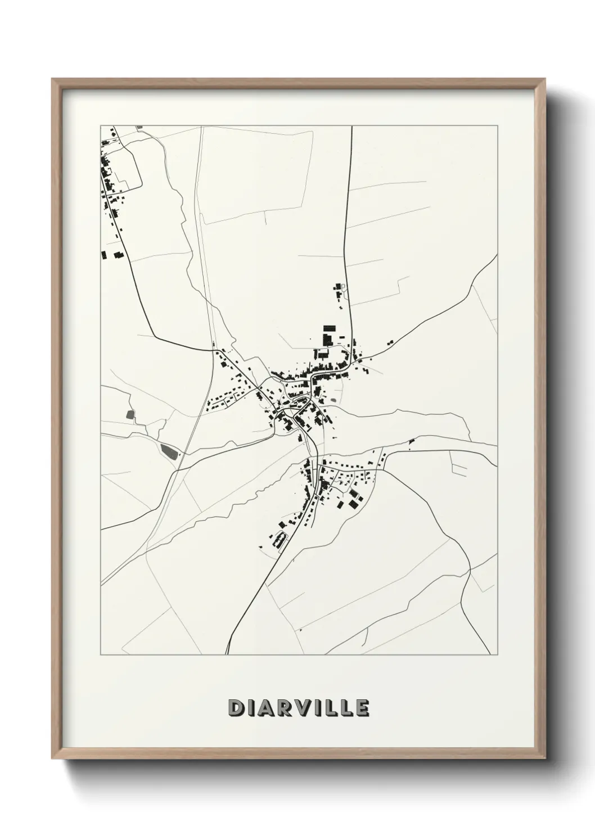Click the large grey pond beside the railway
pyautogui.click(x=168, y=450)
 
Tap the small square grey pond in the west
pyautogui.click(x=131, y=415)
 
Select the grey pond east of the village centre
pyautogui.click(x=335, y=400)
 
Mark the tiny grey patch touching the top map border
pyautogui.click(x=139, y=128)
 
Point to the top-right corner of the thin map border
pyautogui.click(x=497, y=126)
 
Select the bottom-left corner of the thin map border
pyautogui.click(x=101, y=654)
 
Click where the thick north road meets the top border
pyautogui.click(x=351, y=126)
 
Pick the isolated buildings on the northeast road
pyautogui.click(x=389, y=342)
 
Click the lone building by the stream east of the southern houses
pyautogui.click(x=412, y=442)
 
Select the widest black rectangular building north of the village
pyautogui.click(x=328, y=328)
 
